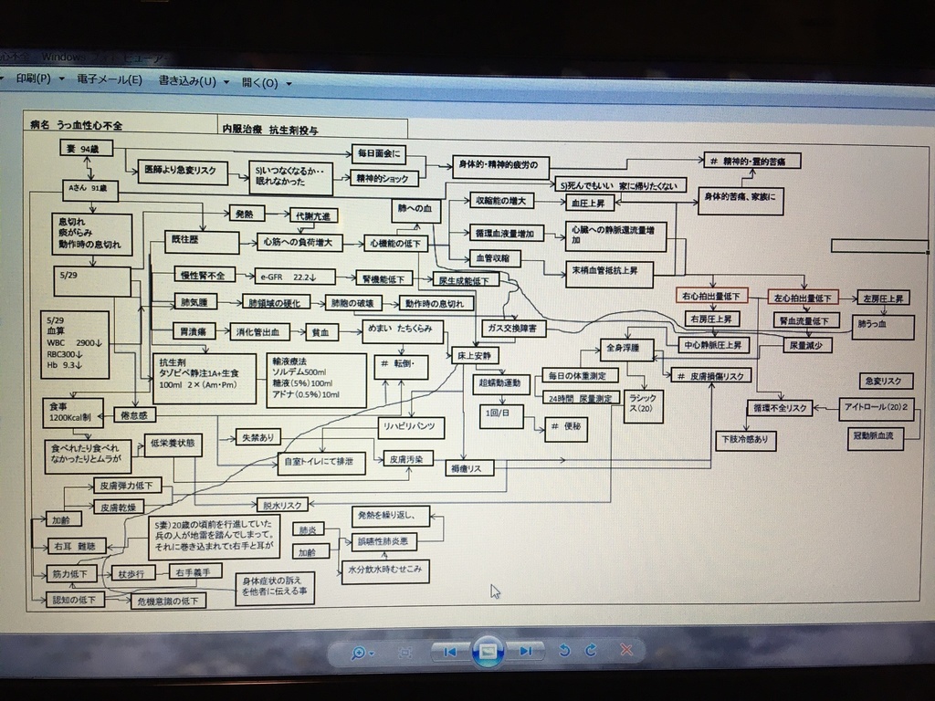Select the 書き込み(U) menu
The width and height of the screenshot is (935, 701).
click(187, 81)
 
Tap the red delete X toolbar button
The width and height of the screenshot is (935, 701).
click(626, 651)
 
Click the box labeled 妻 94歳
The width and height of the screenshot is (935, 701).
click(88, 149)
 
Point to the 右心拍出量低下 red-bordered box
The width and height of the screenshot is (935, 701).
click(711, 298)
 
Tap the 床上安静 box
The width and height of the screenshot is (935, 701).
click(475, 355)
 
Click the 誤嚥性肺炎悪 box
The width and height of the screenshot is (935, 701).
click(387, 541)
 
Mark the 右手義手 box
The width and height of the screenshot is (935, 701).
click(194, 572)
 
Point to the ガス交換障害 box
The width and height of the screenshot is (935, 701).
click(514, 327)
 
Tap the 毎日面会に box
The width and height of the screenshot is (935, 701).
click(378, 152)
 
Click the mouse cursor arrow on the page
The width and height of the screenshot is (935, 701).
click(495, 590)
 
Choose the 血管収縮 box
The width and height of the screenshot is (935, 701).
click(495, 259)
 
